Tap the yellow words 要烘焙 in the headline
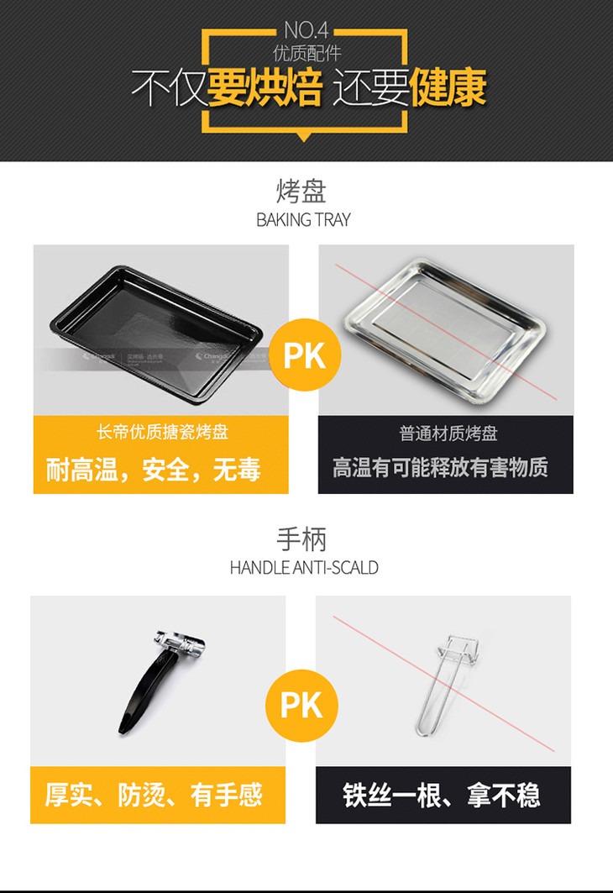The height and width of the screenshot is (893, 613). click(265, 87)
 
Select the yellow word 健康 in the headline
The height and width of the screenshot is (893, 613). click(448, 87)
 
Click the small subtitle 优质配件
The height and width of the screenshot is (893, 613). click(306, 53)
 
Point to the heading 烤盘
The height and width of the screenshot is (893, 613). click(301, 192)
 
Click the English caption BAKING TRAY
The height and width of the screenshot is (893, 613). click(303, 220)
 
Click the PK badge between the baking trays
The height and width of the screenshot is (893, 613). click(305, 355)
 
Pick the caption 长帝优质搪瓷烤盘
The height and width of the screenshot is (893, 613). click(162, 433)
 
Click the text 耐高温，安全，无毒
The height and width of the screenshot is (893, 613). click(153, 470)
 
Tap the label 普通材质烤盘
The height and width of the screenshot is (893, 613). click(448, 433)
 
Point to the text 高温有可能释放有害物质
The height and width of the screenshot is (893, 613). click(440, 468)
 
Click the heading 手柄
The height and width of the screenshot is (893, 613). click(301, 539)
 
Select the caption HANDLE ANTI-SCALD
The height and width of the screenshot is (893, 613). click(304, 568)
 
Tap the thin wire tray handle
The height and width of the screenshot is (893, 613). click(447, 684)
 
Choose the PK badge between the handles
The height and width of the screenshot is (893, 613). click(301, 705)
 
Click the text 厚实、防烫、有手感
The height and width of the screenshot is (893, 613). click(154, 795)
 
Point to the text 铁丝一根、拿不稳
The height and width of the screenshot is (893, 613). click(441, 796)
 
